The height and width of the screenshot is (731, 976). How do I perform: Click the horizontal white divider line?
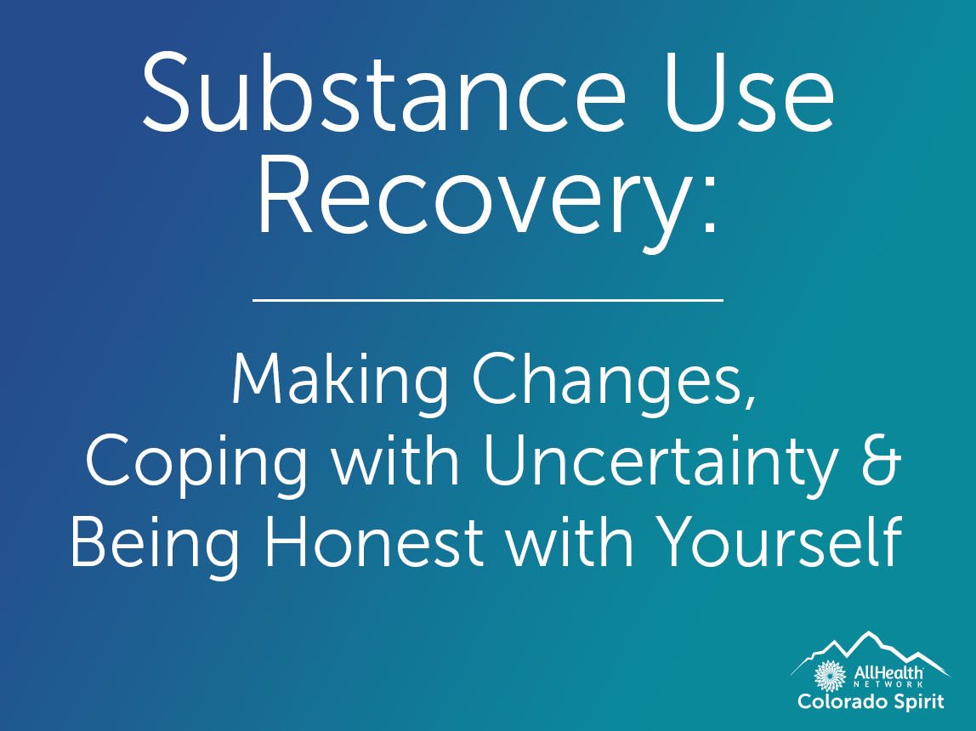point(488,300)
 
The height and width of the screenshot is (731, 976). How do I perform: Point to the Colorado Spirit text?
point(871,703)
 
